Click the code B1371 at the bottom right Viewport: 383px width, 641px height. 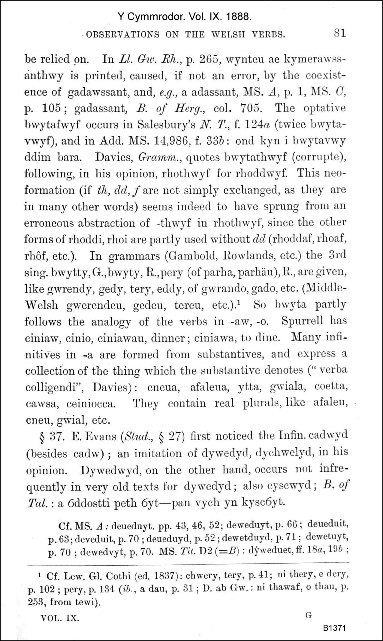[335, 627]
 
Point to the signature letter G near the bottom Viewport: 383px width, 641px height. [309, 613]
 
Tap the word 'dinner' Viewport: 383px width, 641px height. [167, 337]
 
